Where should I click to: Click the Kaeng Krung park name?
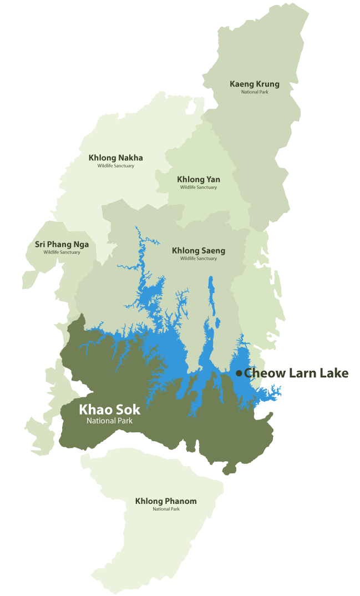point(255,84)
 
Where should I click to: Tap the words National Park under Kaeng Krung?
point(255,92)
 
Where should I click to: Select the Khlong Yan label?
point(199,179)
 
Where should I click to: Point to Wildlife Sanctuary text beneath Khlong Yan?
point(199,188)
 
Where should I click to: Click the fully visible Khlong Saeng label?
point(199,251)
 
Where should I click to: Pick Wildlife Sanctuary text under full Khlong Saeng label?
point(199,259)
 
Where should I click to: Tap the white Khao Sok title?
point(109,410)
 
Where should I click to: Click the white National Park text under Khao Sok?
point(109,421)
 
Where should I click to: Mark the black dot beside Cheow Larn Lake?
point(239,373)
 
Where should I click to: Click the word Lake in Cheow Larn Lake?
point(333,373)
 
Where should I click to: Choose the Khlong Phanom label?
point(166,501)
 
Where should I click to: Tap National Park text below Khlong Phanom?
point(166,509)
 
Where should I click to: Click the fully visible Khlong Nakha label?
point(115,158)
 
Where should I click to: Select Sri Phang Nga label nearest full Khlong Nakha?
point(62,244)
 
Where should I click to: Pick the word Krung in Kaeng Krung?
point(267,84)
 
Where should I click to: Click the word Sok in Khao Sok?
point(129,410)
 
